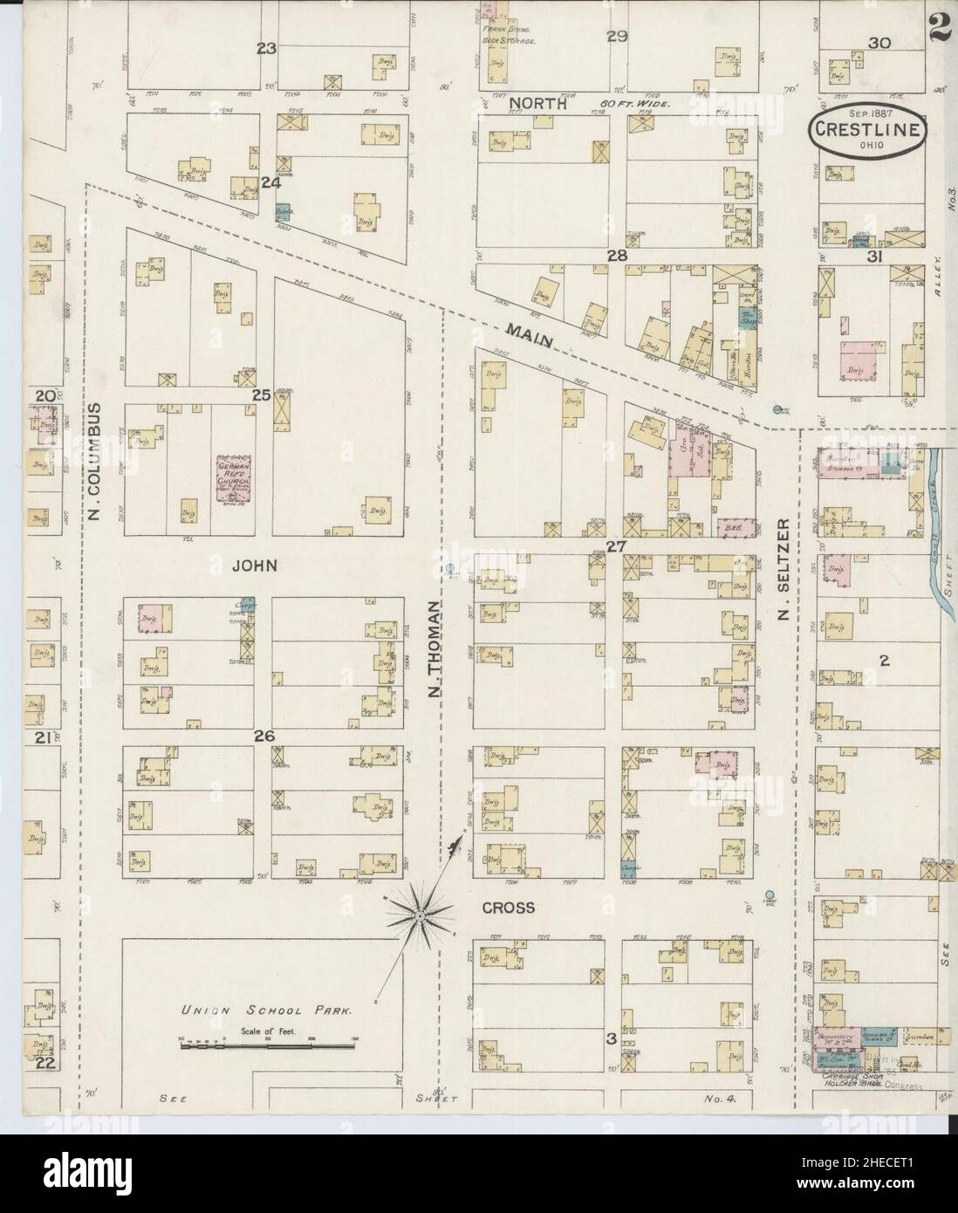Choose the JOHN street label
pos(254,565)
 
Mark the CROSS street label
pos(508,908)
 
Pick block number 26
pos(264,737)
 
